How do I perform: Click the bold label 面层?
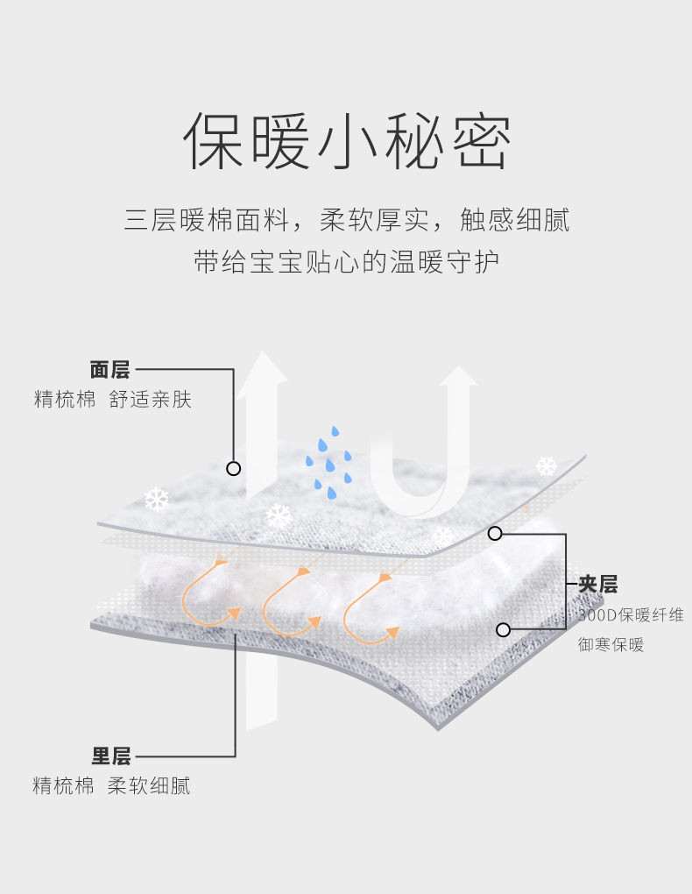[109, 369]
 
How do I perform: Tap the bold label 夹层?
[598, 585]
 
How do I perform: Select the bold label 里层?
[111, 756]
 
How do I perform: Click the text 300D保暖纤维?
[631, 615]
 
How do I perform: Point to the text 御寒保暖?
[611, 645]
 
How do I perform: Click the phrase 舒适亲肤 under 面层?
[151, 400]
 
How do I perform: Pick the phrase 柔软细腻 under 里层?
[149, 785]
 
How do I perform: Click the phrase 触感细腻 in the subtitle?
[514, 220]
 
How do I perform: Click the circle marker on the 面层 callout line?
[233, 468]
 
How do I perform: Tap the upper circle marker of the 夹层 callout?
[495, 533]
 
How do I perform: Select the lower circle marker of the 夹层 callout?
[503, 629]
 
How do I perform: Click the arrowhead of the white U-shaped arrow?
[457, 379]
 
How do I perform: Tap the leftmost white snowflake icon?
[157, 500]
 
